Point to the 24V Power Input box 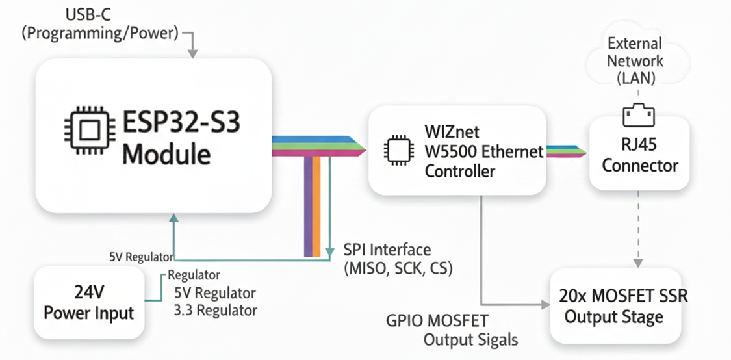88,303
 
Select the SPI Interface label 387,250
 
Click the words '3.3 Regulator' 216,310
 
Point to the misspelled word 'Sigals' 496,339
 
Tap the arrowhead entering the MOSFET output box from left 545,303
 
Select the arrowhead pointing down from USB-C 193,55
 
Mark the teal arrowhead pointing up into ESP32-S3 173,220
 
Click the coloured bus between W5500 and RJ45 567,151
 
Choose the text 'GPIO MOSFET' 437,321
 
